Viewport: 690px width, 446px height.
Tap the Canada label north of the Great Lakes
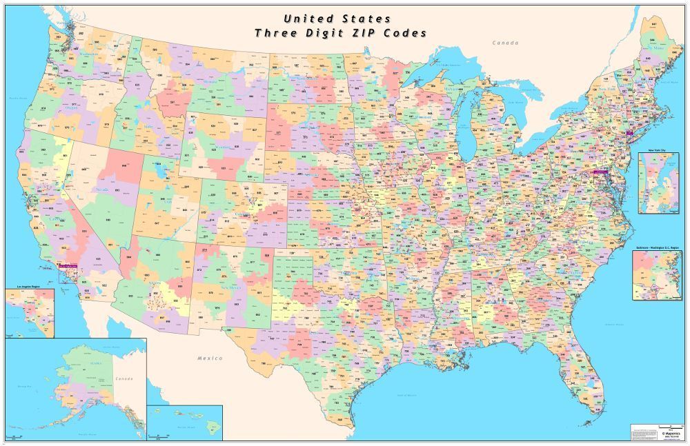click(x=504, y=43)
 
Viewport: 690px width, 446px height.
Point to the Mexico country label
click(x=210, y=358)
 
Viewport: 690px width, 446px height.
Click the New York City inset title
click(x=660, y=150)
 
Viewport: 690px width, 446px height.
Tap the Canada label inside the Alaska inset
click(x=124, y=378)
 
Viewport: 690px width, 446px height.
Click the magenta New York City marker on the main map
click(x=629, y=130)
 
